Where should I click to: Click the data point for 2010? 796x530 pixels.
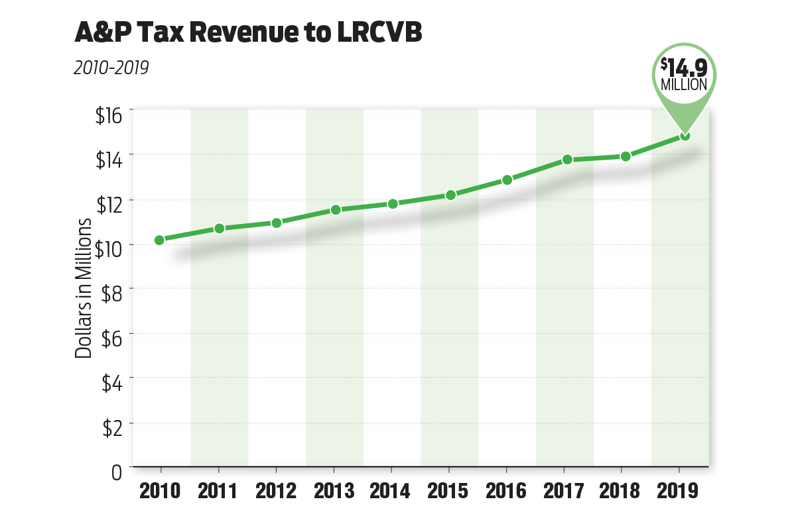point(159,240)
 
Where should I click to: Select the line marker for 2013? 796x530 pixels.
point(336,210)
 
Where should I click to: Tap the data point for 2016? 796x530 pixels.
point(507,180)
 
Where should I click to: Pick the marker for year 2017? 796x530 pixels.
point(567,160)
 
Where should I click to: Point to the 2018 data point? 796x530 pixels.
point(626,156)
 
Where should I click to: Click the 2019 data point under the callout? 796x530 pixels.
point(685,136)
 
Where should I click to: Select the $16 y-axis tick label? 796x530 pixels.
point(109,116)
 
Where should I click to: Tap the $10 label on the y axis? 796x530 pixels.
point(109,245)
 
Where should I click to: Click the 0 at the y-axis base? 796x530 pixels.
point(117,472)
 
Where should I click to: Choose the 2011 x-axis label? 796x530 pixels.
point(219,491)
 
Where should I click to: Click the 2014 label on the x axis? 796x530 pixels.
point(391,491)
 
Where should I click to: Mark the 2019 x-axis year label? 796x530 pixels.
point(679,491)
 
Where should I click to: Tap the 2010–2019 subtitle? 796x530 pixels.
point(111,68)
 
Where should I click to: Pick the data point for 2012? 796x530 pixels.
point(277,223)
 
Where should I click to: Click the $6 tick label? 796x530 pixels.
point(111,338)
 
